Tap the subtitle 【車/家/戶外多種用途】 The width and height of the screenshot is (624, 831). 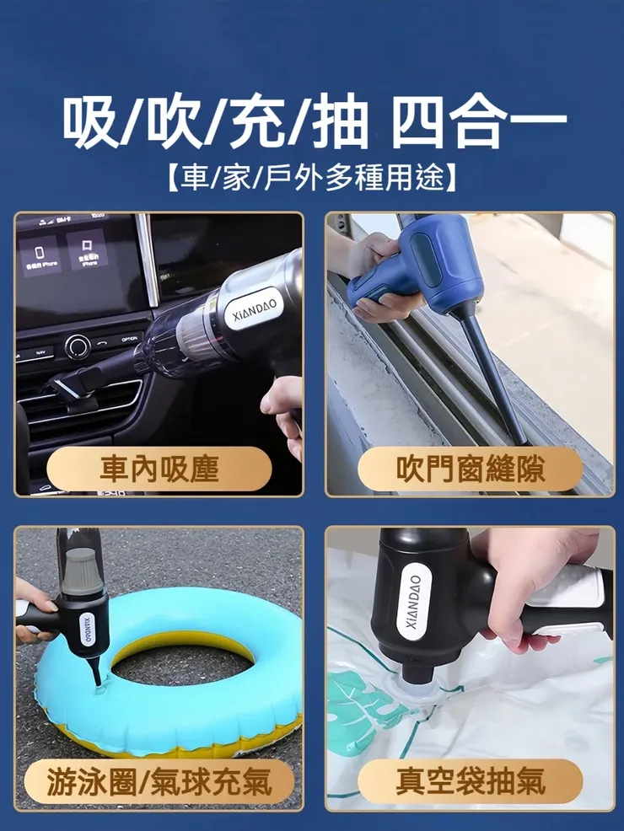[x=312, y=177]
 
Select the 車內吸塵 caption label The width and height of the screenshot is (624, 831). [x=159, y=469]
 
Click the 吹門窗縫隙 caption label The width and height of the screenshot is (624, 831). [x=470, y=469]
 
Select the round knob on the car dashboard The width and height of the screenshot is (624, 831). [x=78, y=345]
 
